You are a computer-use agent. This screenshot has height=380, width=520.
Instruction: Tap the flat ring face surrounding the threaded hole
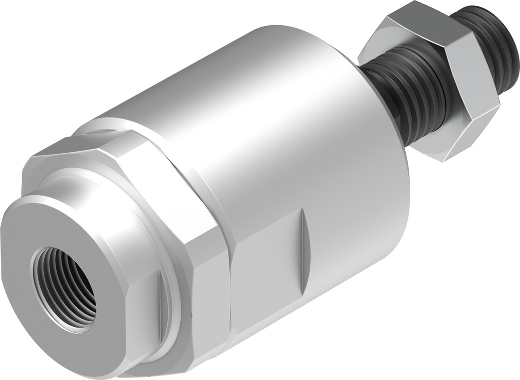[59, 232]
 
